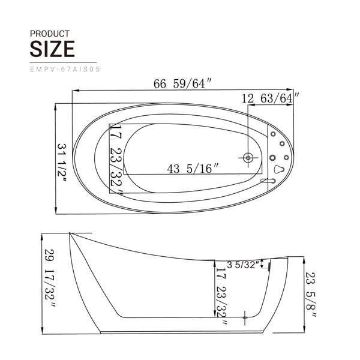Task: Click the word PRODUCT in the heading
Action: click(x=50, y=34)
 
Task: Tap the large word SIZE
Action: click(x=52, y=49)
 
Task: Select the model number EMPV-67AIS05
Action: click(x=65, y=70)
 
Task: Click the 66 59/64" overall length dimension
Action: click(x=182, y=83)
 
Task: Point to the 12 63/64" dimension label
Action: click(x=271, y=98)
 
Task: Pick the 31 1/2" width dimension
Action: click(x=62, y=163)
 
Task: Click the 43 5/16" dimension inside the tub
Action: click(x=193, y=169)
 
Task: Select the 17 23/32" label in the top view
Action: click(x=116, y=159)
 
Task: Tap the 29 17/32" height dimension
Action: click(x=50, y=278)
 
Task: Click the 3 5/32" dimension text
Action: click(x=243, y=265)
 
